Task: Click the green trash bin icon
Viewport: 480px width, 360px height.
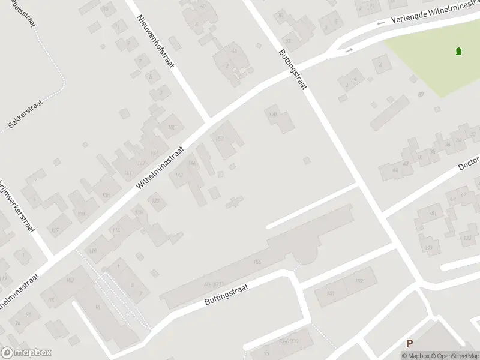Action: pyautogui.click(x=459, y=51)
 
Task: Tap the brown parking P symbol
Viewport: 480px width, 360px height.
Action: pyautogui.click(x=410, y=344)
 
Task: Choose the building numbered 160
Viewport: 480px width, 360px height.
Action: pyautogui.click(x=273, y=115)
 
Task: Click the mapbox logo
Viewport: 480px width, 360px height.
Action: pyautogui.click(x=26, y=353)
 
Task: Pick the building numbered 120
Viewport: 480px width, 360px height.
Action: pyautogui.click(x=157, y=200)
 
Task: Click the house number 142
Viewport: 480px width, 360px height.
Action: pyautogui.click(x=179, y=175)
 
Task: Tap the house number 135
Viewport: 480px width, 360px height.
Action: pyautogui.click(x=107, y=194)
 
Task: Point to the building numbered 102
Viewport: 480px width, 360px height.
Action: pyautogui.click(x=70, y=280)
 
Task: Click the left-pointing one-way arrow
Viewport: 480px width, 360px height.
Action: pyautogui.click(x=379, y=25)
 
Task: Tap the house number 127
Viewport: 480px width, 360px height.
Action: pyautogui.click(x=55, y=230)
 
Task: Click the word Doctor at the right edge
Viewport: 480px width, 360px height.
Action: pyautogui.click(x=469, y=164)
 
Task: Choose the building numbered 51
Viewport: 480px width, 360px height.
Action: pyautogui.click(x=434, y=213)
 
